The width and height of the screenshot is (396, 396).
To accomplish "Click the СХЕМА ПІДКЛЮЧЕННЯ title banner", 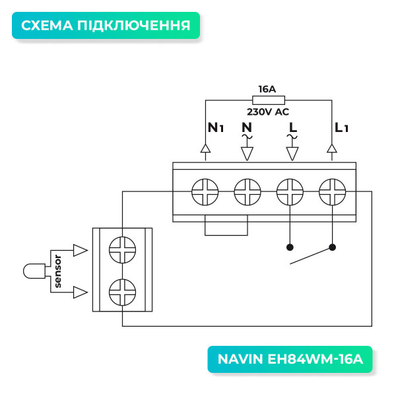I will pos(106,26).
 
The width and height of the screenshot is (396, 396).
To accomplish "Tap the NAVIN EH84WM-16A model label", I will pos(290,360).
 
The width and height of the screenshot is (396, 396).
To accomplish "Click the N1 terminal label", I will pos(216,127).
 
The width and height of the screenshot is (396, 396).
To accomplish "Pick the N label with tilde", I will pos(247,127).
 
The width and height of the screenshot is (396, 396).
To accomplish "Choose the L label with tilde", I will pos(291,127).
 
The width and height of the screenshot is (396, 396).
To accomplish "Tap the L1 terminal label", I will pos(341,127).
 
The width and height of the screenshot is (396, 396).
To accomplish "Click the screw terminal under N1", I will pos(205,193).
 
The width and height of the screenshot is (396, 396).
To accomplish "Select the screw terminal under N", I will pos(247,193).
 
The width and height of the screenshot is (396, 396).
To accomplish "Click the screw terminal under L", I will pos(290,193).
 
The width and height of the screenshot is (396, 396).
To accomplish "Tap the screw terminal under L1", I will pos(332,193).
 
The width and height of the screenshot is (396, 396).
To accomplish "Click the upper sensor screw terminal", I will pos(122,250).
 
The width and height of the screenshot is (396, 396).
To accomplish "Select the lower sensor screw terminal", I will pos(122,291).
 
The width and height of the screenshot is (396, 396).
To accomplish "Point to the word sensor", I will pos(58,271).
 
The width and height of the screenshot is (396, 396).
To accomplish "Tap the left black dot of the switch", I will pos(289,248).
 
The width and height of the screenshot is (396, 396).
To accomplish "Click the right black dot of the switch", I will pos(332,248).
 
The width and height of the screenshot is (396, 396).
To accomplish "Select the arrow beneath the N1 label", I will pos(205,150).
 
